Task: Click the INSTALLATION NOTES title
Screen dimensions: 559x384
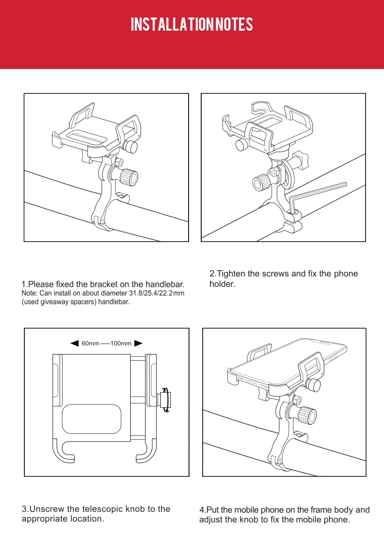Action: click(x=192, y=25)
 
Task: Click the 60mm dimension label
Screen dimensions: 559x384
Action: click(x=90, y=344)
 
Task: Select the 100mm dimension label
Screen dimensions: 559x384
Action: click(x=121, y=344)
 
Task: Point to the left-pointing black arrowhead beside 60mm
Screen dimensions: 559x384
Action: click(x=74, y=344)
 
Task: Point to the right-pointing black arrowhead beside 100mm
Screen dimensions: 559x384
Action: click(x=138, y=344)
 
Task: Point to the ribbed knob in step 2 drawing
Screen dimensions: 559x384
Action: click(x=262, y=184)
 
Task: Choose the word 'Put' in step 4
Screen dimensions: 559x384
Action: click(x=214, y=510)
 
